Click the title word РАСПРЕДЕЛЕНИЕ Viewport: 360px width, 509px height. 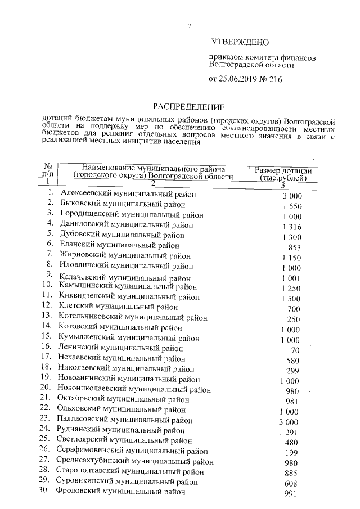pyautogui.click(x=189, y=106)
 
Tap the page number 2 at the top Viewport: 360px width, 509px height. pyautogui.click(x=190, y=26)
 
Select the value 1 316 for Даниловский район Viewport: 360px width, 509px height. pyautogui.click(x=291, y=226)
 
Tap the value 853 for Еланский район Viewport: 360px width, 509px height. pyautogui.click(x=294, y=247)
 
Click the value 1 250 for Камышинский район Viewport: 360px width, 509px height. pyautogui.click(x=291, y=287)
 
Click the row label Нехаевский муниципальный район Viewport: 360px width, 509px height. pyautogui.click(x=121, y=358)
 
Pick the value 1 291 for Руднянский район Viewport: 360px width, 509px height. pyautogui.click(x=288, y=431)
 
